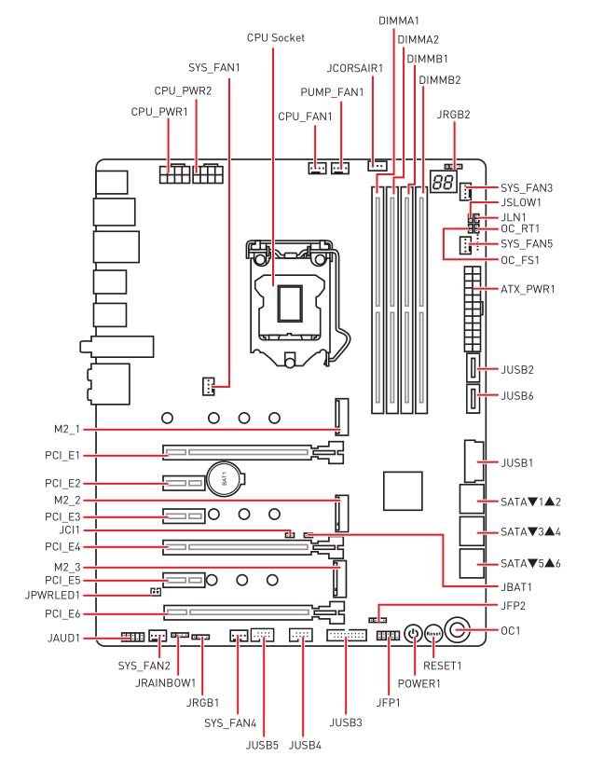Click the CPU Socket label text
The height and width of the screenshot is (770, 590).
(275, 38)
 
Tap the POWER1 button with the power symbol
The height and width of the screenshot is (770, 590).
(413, 634)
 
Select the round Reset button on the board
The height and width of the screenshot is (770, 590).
(433, 634)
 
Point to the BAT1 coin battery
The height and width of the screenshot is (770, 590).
(226, 479)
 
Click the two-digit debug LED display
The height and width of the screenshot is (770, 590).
(443, 183)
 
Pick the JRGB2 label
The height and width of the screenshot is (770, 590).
(454, 115)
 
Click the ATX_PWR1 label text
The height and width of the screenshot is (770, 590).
(528, 289)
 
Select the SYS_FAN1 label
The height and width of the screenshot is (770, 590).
(214, 67)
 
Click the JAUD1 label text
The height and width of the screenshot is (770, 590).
(63, 639)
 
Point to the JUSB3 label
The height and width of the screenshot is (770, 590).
(346, 722)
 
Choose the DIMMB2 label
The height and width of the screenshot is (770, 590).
(440, 80)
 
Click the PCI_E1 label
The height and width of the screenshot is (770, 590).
(62, 456)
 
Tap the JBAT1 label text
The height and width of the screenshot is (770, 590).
(516, 587)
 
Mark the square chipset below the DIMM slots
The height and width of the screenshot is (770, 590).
(403, 490)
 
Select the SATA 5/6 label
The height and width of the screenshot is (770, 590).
(530, 564)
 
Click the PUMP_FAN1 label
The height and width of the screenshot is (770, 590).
(333, 92)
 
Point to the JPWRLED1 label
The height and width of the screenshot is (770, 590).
(52, 595)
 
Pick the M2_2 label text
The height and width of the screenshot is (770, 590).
(67, 501)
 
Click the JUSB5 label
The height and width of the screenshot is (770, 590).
(262, 745)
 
